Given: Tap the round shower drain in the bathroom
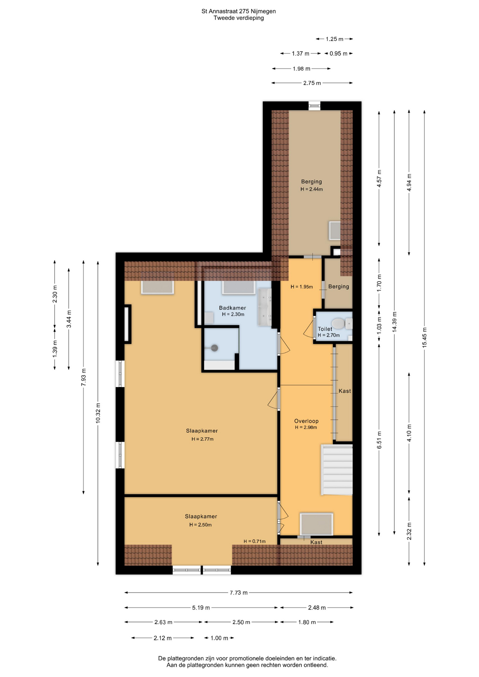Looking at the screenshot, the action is (214, 348).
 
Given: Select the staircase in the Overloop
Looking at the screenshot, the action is (337, 470).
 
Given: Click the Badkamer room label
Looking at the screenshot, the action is (232, 308).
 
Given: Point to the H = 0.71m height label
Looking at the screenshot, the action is (255, 541).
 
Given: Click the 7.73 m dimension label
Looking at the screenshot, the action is (239, 593).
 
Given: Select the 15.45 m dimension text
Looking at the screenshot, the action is (424, 337).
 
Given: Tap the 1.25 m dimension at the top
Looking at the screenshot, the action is (334, 39).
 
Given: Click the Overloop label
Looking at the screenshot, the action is (307, 421).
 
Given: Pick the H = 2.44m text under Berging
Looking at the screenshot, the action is (312, 189).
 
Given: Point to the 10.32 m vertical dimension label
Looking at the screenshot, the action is (98, 413).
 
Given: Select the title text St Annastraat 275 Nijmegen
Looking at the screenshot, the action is (239, 11).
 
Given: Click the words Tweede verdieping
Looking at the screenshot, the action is (239, 18).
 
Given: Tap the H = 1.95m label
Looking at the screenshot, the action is (302, 287).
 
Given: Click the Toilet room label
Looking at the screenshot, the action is (325, 329).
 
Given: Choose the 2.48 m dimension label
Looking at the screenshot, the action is (317, 608).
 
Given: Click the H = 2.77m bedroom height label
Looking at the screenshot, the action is (202, 439).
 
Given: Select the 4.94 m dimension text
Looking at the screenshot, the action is (409, 182).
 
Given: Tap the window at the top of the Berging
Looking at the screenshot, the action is (314, 106).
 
